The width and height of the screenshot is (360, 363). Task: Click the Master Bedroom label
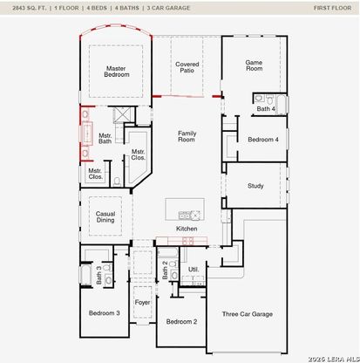pyautogui.click(x=117, y=72)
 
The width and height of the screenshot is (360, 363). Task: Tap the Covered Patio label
pyautogui.click(x=187, y=67)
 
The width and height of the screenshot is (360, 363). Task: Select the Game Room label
pyautogui.click(x=255, y=65)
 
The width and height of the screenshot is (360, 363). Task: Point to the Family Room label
pyautogui.click(x=187, y=136)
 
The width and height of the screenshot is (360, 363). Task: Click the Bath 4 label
pyautogui.click(x=266, y=109)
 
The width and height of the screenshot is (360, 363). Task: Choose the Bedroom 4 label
pyautogui.click(x=263, y=140)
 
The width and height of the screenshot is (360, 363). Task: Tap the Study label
pyautogui.click(x=255, y=186)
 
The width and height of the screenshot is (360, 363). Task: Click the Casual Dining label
pyautogui.click(x=105, y=217)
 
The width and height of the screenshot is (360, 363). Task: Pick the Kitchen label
pyautogui.click(x=187, y=229)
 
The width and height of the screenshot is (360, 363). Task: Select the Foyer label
pyautogui.click(x=142, y=303)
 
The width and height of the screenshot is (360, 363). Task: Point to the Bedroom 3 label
pyautogui.click(x=105, y=313)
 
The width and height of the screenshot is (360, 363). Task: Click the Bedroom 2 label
pyautogui.click(x=181, y=322)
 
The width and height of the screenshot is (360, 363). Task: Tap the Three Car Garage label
pyautogui.click(x=248, y=314)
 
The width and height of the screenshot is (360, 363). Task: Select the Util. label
pyautogui.click(x=194, y=270)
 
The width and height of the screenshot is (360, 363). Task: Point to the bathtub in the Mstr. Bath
pyautogui.click(x=87, y=134)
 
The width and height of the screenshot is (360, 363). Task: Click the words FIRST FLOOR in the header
pyautogui.click(x=332, y=8)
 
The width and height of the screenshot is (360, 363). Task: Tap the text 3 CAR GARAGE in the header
pyautogui.click(x=168, y=8)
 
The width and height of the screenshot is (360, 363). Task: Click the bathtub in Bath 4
pyautogui.click(x=282, y=104)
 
